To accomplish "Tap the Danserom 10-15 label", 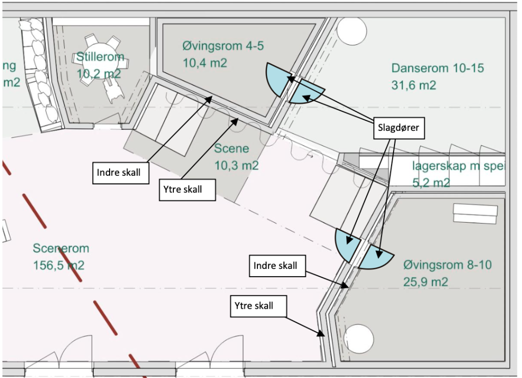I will click(x=437, y=68).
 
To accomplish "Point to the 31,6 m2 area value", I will click(x=414, y=85).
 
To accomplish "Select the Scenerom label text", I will click(x=61, y=249).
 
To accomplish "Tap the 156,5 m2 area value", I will click(x=59, y=265).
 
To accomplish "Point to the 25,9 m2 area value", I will click(x=426, y=282).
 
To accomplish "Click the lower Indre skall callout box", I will click(x=275, y=266).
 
